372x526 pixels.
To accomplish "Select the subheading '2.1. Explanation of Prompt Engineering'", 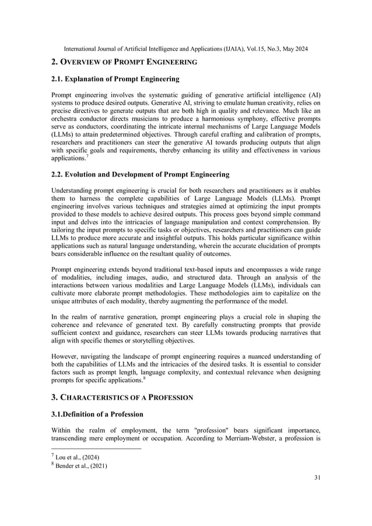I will pos(115,79).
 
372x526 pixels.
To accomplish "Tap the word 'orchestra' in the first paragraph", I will pos(68,119).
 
